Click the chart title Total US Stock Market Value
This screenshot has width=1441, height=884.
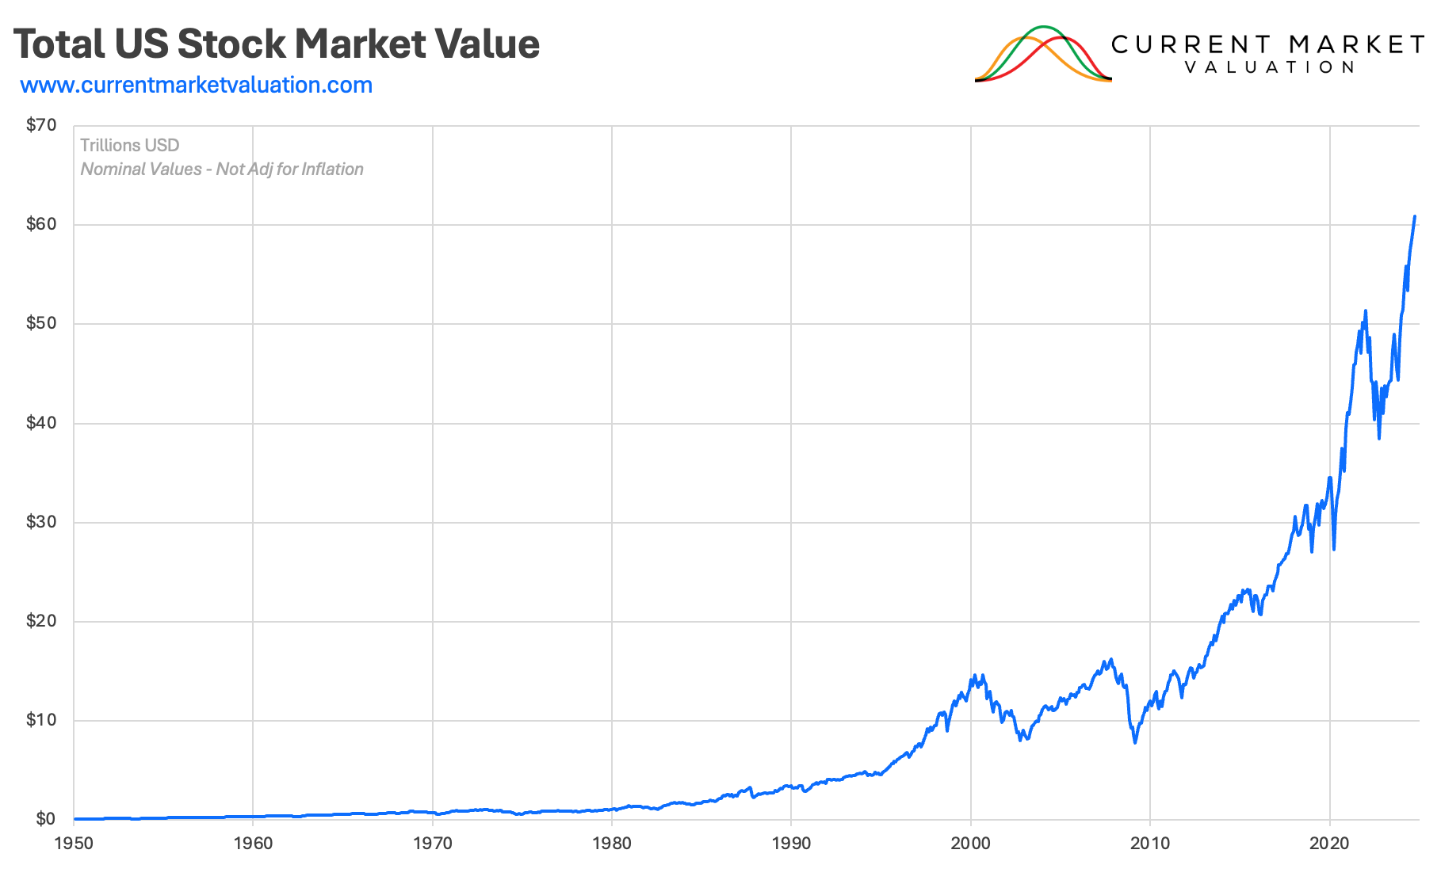pos(276,44)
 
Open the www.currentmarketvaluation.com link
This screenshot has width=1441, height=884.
pos(196,85)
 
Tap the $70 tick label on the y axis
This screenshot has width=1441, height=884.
pos(41,125)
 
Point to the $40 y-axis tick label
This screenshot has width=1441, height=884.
pos(41,423)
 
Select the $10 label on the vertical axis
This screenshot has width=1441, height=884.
pos(41,720)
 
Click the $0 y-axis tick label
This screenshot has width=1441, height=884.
pos(45,819)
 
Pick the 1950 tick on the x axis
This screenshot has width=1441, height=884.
pos(74,844)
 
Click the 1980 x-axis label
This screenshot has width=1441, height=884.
pos(612,844)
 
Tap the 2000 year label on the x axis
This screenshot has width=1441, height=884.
pos(970,844)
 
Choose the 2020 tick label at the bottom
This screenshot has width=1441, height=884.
pos(1329,844)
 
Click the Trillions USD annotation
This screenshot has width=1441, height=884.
pos(130,146)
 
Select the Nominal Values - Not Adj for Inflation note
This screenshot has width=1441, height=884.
pos(222,170)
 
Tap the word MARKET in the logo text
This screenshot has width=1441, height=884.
pos(1356,44)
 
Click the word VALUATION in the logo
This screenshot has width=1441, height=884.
pos(1270,67)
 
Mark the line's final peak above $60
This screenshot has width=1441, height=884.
pos(1415,216)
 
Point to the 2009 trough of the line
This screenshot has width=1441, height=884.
pos(1135,742)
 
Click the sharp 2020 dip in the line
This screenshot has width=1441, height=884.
pos(1334,549)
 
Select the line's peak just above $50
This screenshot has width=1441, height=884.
pos(1365,311)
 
